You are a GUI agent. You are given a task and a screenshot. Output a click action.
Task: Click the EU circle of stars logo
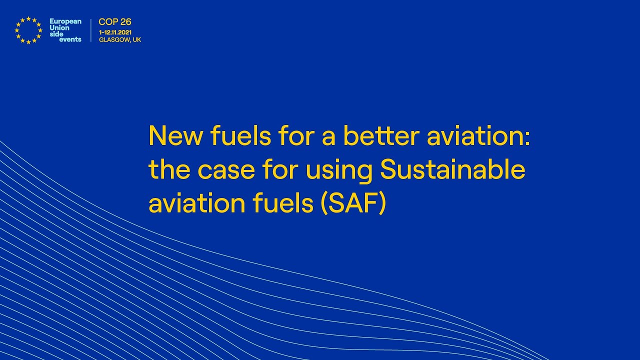pyautogui.click(x=28, y=30)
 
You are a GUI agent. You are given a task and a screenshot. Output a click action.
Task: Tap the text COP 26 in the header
pyautogui.click(x=115, y=22)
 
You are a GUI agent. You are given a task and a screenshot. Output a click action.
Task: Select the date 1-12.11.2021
pyautogui.click(x=115, y=32)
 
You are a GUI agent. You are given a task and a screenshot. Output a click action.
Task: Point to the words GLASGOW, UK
pyautogui.click(x=120, y=39)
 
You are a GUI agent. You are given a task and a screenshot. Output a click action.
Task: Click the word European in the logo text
pyautogui.click(x=65, y=21)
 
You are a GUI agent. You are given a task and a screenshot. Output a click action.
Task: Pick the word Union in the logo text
pyautogui.click(x=59, y=28)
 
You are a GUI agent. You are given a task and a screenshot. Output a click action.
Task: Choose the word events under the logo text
pyautogui.click(x=70, y=39)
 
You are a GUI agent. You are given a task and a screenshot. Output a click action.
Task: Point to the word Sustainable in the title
pyautogui.click(x=452, y=170)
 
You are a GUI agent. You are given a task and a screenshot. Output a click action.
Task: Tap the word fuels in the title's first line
pyautogui.click(x=239, y=135)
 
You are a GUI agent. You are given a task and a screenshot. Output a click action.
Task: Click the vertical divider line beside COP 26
pyautogui.click(x=91, y=30)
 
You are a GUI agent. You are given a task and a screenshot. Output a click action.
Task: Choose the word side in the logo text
pyautogui.click(x=56, y=34)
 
